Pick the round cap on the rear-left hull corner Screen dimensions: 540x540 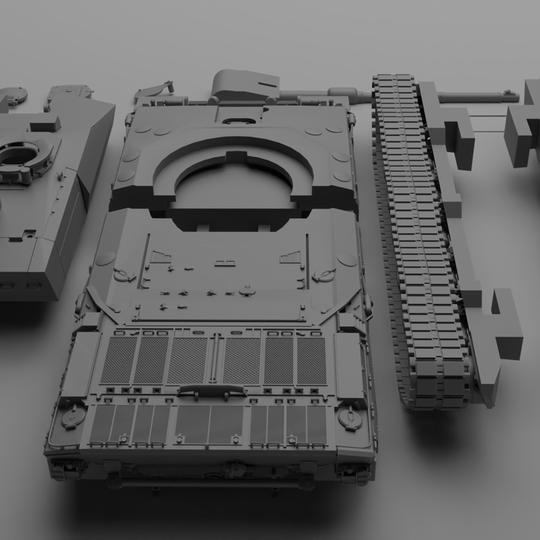(73, 415)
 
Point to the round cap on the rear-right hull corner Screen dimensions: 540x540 (349, 416)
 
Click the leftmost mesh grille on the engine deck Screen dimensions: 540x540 (119, 360)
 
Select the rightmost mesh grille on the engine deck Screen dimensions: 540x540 (311, 361)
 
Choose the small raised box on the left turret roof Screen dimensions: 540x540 (45, 123)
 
